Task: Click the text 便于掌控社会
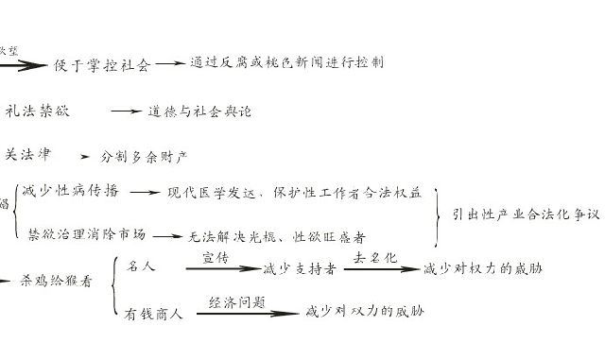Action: point(103,66)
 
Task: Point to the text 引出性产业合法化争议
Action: point(526,214)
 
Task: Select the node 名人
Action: point(141,266)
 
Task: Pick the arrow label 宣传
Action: point(217,257)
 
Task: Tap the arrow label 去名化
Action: point(373,257)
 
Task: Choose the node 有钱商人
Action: point(152,314)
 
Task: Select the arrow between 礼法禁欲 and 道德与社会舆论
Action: point(125,111)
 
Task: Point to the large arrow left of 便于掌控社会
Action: point(26,65)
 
